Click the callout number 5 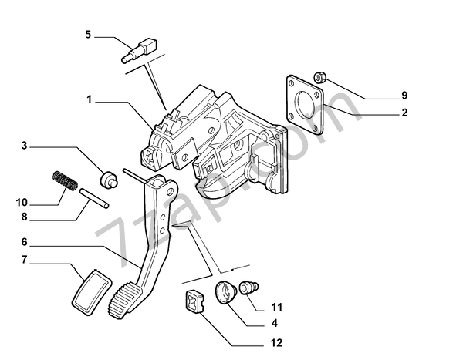[x=88, y=34]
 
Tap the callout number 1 [x=90, y=99]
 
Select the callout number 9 [x=403, y=96]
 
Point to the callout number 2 [x=403, y=113]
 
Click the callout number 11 [x=275, y=307]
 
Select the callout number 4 [x=275, y=323]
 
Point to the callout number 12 [x=276, y=342]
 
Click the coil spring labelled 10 [x=64, y=183]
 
